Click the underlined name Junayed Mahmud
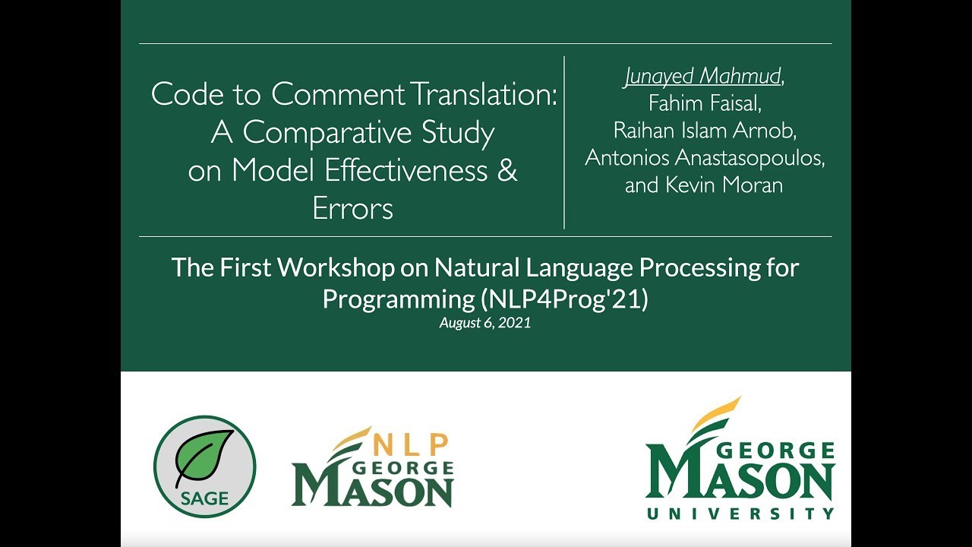point(702,77)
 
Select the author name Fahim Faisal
point(704,103)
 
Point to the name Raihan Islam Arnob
point(704,131)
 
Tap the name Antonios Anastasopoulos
point(704,158)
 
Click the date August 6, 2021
point(484,323)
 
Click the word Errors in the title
point(352,208)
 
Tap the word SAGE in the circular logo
point(204,498)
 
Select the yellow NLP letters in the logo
point(412,444)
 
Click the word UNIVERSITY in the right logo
point(740,514)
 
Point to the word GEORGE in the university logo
point(775,451)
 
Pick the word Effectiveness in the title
point(406,170)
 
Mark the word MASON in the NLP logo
point(372,490)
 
